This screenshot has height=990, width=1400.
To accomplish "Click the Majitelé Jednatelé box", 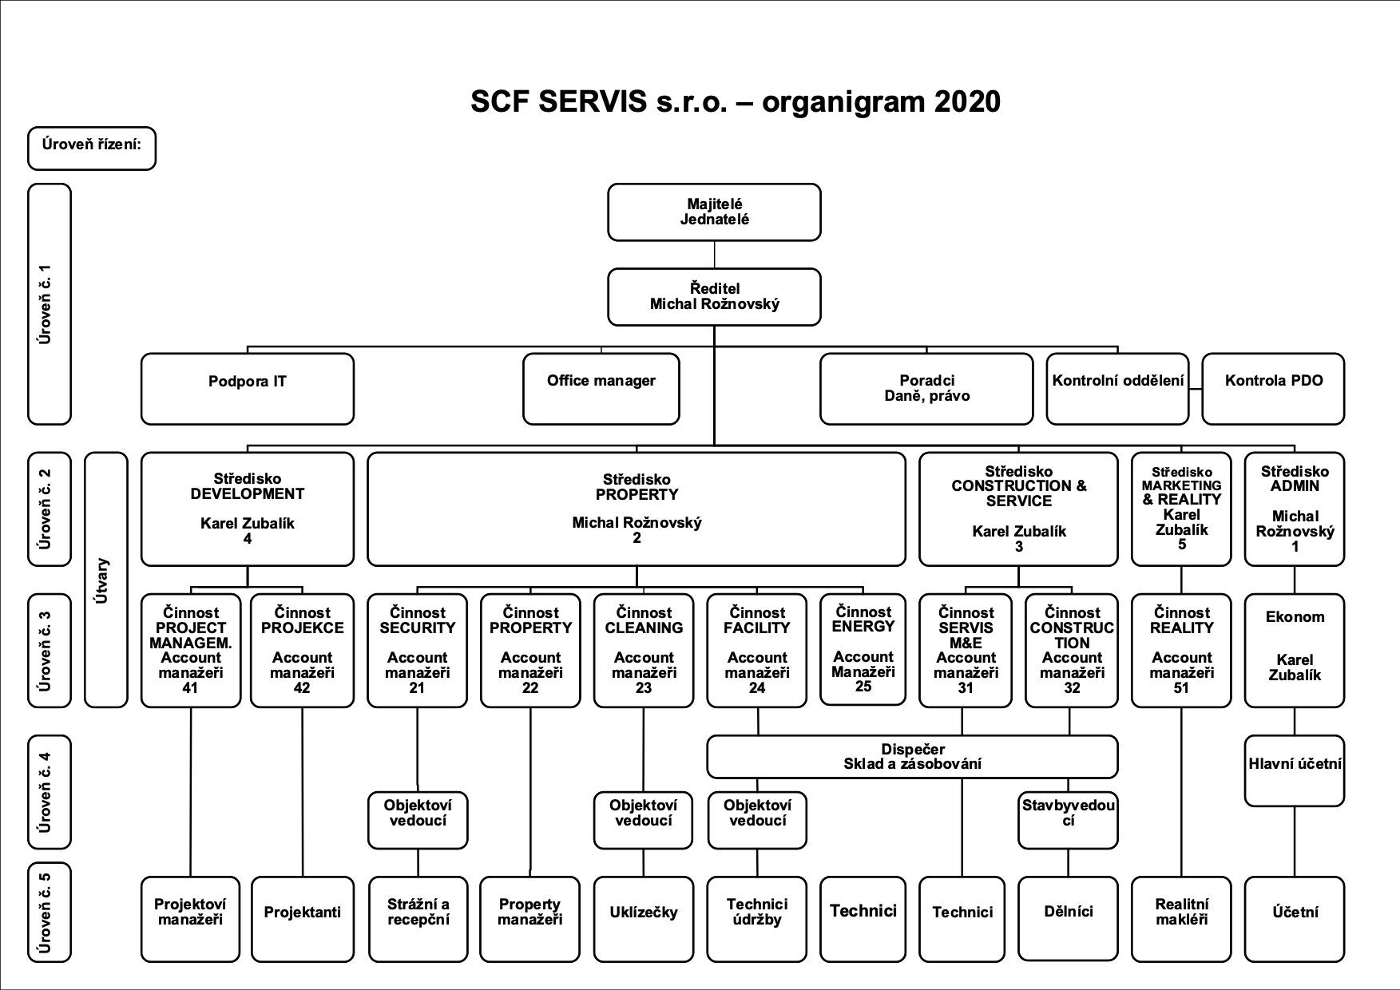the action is (714, 212).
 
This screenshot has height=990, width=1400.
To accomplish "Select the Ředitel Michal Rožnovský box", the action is (714, 297).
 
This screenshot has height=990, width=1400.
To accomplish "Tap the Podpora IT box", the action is (248, 389).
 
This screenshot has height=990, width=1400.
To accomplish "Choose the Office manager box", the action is (601, 389).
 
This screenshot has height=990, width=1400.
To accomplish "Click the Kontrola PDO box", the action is (1273, 389).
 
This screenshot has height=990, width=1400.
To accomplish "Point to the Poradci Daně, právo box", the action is (926, 389).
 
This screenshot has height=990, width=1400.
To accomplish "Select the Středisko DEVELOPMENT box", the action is (248, 509).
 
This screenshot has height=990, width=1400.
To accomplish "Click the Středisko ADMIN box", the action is (1295, 509).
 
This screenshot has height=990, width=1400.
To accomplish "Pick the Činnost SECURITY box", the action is (417, 651).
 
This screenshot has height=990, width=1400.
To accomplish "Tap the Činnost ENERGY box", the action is (863, 649).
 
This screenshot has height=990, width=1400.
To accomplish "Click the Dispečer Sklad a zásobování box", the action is (912, 757).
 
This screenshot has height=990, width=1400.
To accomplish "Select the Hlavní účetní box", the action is (1295, 770).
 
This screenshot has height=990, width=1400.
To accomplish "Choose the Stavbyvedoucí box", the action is (1068, 820).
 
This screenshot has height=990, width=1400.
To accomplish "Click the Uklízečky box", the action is (644, 919).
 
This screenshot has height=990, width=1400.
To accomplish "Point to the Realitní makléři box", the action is (1181, 919).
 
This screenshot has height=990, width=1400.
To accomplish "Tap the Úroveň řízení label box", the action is (92, 148).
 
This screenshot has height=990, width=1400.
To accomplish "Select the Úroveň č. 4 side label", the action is (50, 792).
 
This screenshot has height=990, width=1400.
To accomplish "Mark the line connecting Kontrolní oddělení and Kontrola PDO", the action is (1196, 390).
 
